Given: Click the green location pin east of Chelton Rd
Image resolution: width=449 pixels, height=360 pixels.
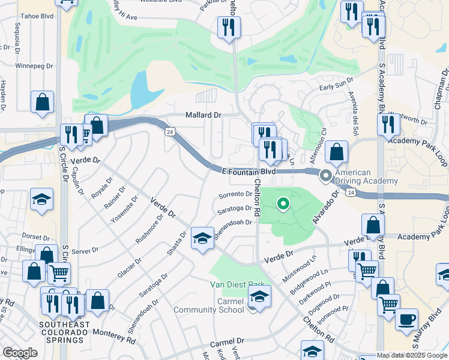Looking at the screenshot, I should [x=283, y=204].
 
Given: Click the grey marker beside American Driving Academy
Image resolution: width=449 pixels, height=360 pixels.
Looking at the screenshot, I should [x=326, y=176].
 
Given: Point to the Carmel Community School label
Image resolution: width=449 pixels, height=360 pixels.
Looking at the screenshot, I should [x=209, y=305].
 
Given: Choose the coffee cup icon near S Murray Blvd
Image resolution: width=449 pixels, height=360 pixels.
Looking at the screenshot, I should [x=406, y=318].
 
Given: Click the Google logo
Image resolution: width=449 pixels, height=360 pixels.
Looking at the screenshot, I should [x=19, y=353].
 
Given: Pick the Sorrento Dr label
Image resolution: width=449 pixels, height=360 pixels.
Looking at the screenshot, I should [x=235, y=194].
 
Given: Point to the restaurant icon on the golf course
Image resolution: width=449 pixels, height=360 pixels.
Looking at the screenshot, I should [x=229, y=27].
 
